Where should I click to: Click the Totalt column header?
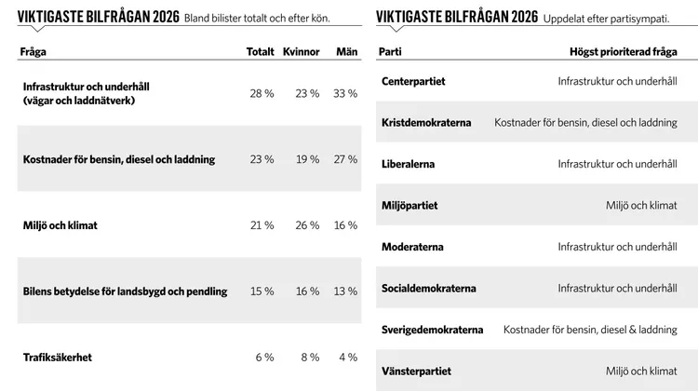pos(261,51)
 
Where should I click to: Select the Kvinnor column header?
pos(302,51)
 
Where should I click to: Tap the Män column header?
pos(347,51)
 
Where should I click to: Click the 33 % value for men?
pos(345,93)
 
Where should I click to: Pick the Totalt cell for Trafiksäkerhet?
pos(265,358)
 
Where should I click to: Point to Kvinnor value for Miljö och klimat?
pos(308,225)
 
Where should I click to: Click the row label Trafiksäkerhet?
pos(58,358)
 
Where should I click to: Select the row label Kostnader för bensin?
pos(119,159)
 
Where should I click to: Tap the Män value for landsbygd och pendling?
pos(345,291)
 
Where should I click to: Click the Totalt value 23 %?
pos(262,159)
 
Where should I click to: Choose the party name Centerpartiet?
pos(413,82)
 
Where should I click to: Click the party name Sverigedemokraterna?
pos(432,331)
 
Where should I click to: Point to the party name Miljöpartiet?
pos(409,206)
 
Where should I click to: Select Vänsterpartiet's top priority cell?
pos(641,372)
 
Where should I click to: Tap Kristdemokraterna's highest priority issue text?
pos(585,123)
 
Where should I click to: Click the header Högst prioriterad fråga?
pos(624,52)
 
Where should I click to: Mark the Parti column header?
pos(390,51)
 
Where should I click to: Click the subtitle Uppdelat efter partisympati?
pos(606,19)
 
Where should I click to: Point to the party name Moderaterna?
pos(412,248)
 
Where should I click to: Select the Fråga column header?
pos(33,52)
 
